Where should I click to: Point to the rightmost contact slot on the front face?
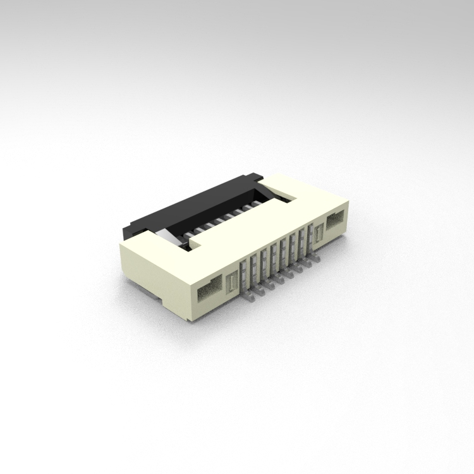click(x=310, y=234)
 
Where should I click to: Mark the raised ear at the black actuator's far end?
click(x=253, y=178)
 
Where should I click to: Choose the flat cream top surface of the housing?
click(x=265, y=221)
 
